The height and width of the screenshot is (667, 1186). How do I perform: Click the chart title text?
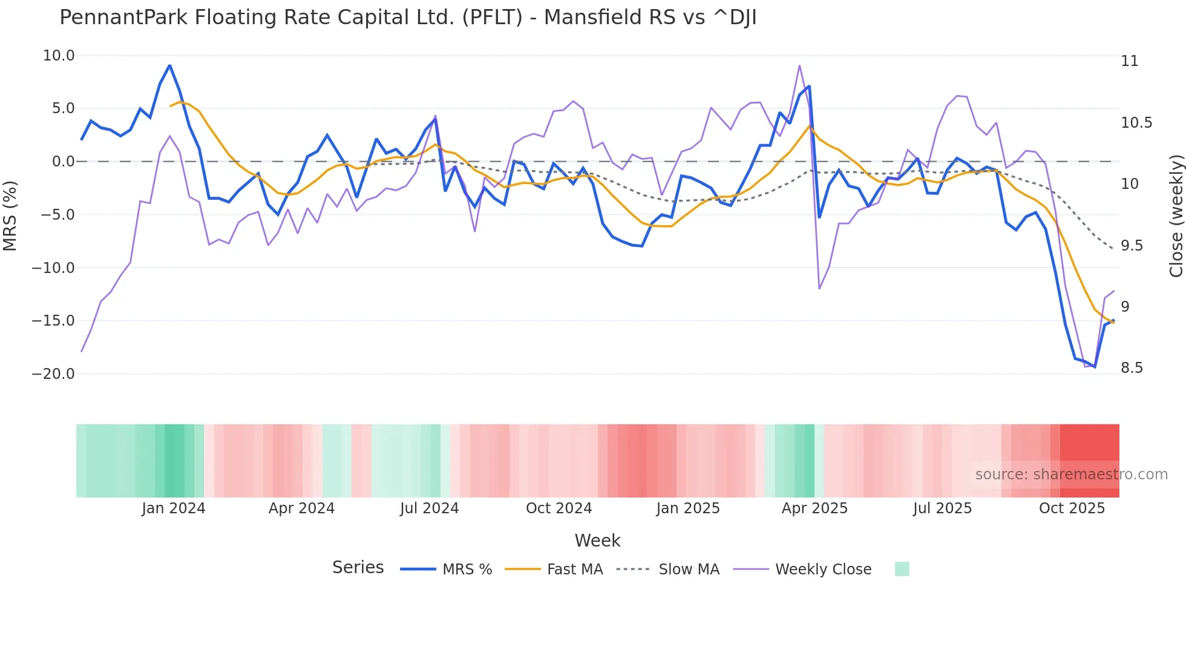click(x=408, y=18)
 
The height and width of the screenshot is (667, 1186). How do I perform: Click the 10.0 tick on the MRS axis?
click(x=59, y=56)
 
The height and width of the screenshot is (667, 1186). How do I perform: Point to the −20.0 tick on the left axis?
click(x=53, y=374)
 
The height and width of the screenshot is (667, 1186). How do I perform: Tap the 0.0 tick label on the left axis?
click(x=63, y=162)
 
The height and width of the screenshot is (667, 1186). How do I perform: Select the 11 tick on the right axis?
click(x=1129, y=61)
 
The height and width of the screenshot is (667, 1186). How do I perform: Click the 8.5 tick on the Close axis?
click(x=1132, y=368)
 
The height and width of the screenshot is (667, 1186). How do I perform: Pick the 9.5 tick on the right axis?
click(x=1132, y=246)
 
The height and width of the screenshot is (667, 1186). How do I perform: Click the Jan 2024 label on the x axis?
click(x=174, y=508)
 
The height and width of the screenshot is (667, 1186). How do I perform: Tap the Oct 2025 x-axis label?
click(x=1072, y=508)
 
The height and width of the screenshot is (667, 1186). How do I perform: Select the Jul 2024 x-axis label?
click(x=429, y=508)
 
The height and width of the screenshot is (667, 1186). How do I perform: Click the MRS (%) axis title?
click(x=10, y=216)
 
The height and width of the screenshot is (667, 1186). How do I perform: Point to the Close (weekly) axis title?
click(x=1176, y=216)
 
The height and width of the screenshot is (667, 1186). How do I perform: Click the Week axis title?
click(x=597, y=540)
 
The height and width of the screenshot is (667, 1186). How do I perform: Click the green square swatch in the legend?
click(x=902, y=569)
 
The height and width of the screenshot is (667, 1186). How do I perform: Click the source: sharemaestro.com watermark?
click(x=1071, y=475)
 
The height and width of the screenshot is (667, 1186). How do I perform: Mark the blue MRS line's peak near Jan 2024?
click(x=169, y=65)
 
